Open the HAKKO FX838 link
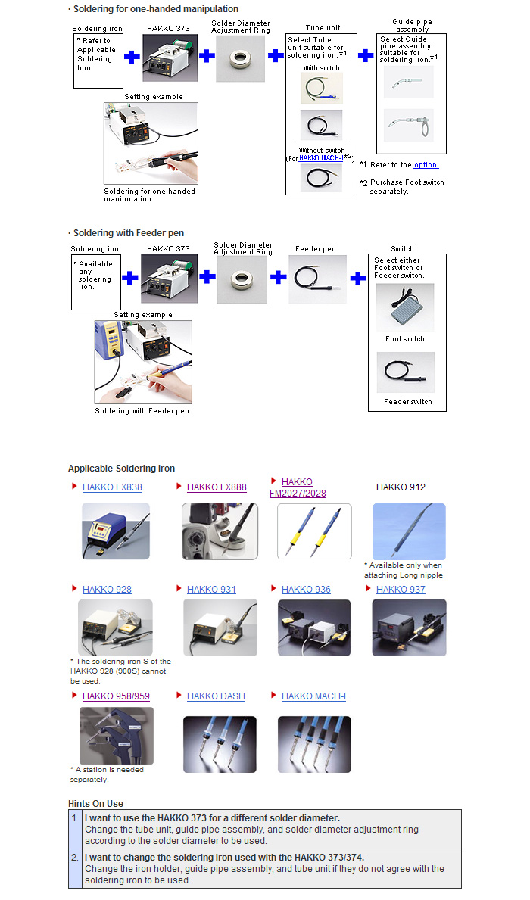[x=112, y=487]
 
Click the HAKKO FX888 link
[x=217, y=487]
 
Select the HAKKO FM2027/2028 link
[x=298, y=487]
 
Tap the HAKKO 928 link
[x=107, y=590]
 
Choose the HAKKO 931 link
[x=211, y=590]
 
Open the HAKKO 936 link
[x=306, y=590]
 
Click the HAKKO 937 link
[x=401, y=590]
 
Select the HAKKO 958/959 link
[x=116, y=696]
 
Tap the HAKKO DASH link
[x=216, y=696]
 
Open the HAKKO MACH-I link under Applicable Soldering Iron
[x=313, y=696]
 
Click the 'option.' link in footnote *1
[x=426, y=165]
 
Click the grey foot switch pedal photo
[x=405, y=308]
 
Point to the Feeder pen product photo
[x=317, y=279]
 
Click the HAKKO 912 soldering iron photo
[x=409, y=531]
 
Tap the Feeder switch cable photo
[x=405, y=372]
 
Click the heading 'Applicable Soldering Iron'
[x=121, y=469]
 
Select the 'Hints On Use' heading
[x=95, y=804]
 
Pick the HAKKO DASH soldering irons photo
[x=220, y=744]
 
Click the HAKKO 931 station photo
[x=220, y=628]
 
